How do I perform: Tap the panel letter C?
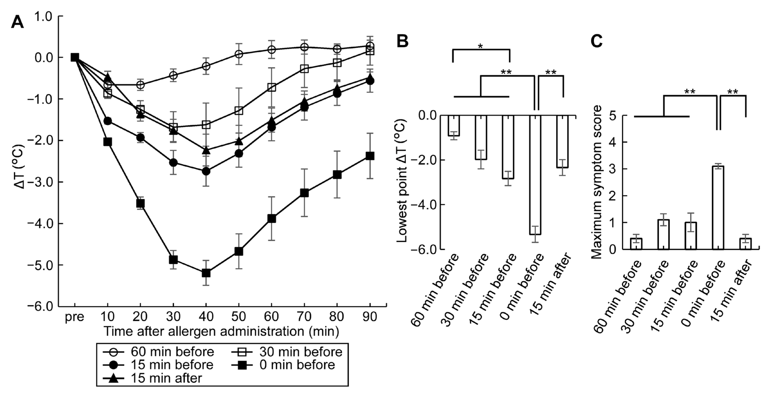point(597,41)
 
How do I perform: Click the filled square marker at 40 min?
point(206,273)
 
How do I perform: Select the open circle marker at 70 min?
point(304,47)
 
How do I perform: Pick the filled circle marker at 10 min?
point(107,121)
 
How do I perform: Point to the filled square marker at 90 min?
point(370,156)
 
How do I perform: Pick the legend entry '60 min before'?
point(172,352)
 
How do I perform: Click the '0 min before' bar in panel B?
point(535,175)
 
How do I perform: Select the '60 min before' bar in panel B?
point(454,126)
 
